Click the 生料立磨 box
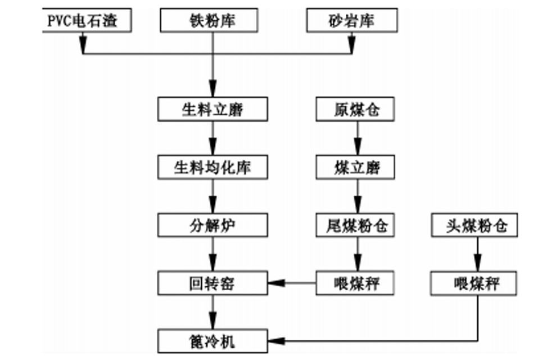[212, 109]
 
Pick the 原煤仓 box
[356, 109]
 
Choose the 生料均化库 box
[212, 167]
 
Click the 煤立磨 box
[356, 167]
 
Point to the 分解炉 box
[212, 226]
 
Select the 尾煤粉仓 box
[356, 226]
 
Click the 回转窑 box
[212, 283]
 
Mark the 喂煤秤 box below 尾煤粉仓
[356, 283]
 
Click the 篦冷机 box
[212, 340]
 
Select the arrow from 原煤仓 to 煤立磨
[356, 138]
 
